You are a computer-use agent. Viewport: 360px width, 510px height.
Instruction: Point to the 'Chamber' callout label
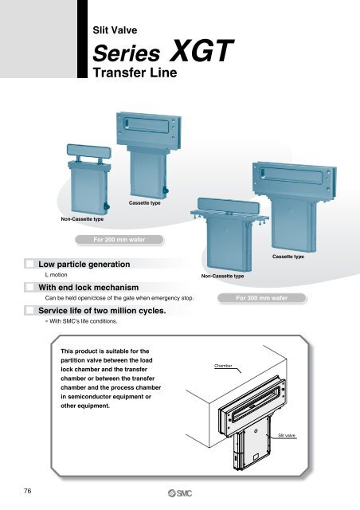tap(224, 366)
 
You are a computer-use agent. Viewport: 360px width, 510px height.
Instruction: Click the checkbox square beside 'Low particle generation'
tap(30, 263)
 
